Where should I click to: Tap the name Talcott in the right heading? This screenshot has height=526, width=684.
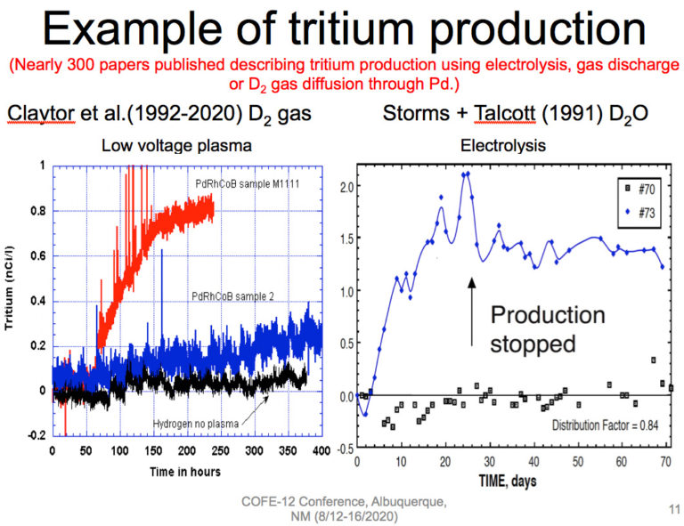(x=483, y=114)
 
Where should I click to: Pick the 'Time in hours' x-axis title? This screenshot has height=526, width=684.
(x=183, y=471)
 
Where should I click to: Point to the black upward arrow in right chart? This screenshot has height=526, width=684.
(x=472, y=305)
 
